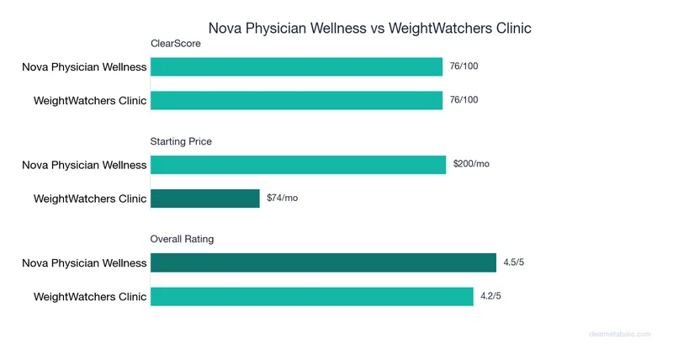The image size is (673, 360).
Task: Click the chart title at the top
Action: point(370,28)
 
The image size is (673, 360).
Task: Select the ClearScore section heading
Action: point(175,44)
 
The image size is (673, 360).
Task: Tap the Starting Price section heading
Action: point(181,141)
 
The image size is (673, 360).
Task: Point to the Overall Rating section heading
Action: point(182,239)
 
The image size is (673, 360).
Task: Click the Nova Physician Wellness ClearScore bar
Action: point(296,66)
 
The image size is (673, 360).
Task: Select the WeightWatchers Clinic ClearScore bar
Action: point(296,100)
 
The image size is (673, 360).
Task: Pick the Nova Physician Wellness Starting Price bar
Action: point(298,165)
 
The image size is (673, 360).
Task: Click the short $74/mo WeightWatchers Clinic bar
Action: point(204,199)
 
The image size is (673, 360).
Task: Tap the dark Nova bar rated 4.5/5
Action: point(323,263)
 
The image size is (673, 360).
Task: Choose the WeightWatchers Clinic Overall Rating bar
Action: point(311,296)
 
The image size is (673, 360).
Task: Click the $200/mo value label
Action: point(471,164)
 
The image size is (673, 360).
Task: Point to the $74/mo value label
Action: point(283,198)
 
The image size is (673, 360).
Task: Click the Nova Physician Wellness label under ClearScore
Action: point(84,67)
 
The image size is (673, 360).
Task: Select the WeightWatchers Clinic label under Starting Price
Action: point(90,199)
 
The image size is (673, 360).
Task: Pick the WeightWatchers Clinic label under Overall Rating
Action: point(90,296)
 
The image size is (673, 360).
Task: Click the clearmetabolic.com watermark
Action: point(619,334)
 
